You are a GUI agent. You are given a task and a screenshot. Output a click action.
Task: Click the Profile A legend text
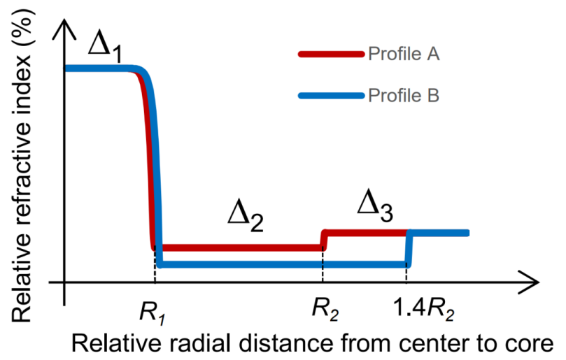[x=404, y=54]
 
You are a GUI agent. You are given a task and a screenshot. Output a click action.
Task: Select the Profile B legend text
[x=404, y=95]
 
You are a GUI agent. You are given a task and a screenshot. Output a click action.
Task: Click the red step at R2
[x=323, y=239]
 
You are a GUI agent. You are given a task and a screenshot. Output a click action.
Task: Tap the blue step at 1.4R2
[x=409, y=248]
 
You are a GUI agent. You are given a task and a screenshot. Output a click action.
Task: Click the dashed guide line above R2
[x=323, y=266]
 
